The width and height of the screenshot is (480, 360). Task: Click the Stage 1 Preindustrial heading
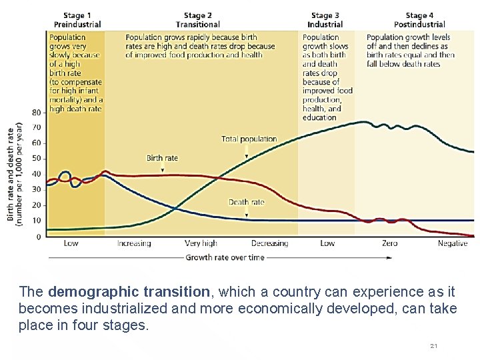pos(77,20)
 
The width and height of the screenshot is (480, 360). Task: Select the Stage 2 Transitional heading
pos(198,20)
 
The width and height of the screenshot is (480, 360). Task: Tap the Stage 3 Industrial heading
pos(325,20)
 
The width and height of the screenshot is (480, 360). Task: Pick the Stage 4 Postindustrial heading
pos(419,20)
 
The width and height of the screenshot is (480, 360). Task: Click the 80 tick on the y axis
pos(36,112)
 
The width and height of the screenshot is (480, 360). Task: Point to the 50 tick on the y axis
pos(36,159)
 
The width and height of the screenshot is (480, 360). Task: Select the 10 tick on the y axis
pos(36,221)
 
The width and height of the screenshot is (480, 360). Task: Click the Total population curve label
pos(249,139)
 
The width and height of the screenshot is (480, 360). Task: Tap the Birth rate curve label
pos(163,158)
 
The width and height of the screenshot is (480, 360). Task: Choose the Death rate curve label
pos(247,202)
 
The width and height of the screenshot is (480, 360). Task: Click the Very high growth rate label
pos(201,243)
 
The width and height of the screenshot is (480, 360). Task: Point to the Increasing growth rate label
pos(134,243)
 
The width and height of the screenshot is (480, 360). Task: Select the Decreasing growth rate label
pos(270,243)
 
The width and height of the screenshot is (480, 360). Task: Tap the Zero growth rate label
pos(390,243)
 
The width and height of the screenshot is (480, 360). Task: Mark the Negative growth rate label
pos(453,243)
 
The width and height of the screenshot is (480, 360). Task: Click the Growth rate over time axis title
pos(225,257)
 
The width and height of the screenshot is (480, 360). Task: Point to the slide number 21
pos(433,345)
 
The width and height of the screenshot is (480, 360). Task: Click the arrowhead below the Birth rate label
pos(163,171)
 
